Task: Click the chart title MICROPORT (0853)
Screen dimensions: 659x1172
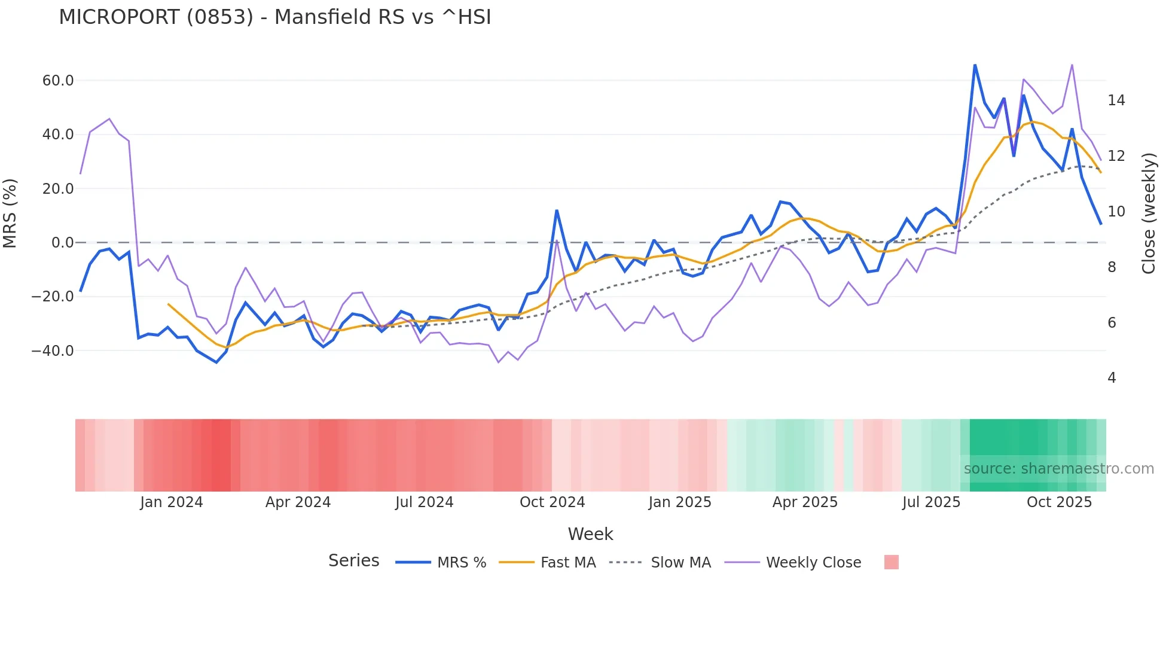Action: click(x=274, y=17)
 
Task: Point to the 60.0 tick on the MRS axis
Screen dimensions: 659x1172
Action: click(x=58, y=81)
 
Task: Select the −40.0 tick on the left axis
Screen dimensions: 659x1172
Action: click(x=53, y=351)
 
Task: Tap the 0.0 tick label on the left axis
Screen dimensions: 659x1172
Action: click(x=62, y=243)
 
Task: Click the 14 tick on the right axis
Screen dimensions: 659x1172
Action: click(x=1116, y=100)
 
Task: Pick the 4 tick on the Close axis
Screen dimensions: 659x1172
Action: click(x=1112, y=378)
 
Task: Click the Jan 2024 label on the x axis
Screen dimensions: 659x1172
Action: click(x=172, y=502)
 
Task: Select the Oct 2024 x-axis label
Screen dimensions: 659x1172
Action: click(x=552, y=502)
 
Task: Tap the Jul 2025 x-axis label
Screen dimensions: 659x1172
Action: click(x=931, y=502)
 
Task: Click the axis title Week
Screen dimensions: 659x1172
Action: click(x=590, y=534)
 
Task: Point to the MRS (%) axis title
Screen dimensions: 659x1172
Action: click(x=10, y=213)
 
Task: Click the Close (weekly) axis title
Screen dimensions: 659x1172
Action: click(x=1148, y=213)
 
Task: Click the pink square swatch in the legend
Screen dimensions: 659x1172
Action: click(x=891, y=562)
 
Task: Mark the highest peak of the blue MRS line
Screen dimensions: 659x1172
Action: click(x=975, y=65)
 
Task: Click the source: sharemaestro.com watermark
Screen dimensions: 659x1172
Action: click(x=1058, y=469)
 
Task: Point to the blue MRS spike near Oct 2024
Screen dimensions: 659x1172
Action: click(x=557, y=210)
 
